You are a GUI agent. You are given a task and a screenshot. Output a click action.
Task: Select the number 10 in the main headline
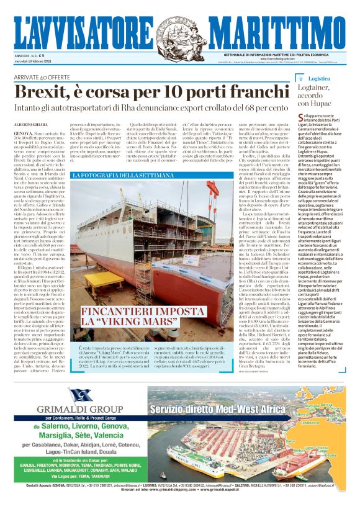[x=162, y=92]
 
